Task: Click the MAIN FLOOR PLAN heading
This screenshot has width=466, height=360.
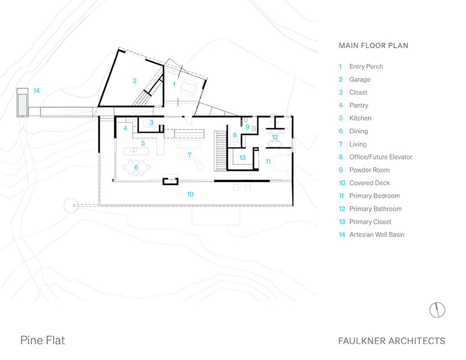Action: tap(373, 46)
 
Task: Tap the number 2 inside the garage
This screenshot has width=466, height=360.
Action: tap(134, 81)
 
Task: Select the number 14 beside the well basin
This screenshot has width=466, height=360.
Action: tap(36, 91)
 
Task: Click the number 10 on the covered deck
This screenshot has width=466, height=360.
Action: tap(190, 194)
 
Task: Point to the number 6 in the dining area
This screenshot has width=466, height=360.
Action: tap(136, 167)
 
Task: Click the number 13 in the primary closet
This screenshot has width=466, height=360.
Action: tap(242, 158)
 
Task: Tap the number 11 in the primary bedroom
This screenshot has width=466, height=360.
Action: tap(268, 162)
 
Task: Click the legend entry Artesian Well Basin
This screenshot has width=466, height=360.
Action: tap(377, 235)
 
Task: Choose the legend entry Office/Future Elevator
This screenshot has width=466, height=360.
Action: tap(381, 157)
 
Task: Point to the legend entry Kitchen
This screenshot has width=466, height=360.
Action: tap(360, 118)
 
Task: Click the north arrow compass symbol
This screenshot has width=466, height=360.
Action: tap(437, 310)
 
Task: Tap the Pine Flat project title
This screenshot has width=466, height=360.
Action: tap(43, 341)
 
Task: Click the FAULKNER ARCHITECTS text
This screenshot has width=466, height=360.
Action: tap(391, 341)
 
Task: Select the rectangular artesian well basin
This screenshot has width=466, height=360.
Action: tap(22, 101)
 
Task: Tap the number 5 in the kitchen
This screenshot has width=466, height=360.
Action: tap(144, 143)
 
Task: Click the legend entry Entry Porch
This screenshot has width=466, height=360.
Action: tap(366, 67)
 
